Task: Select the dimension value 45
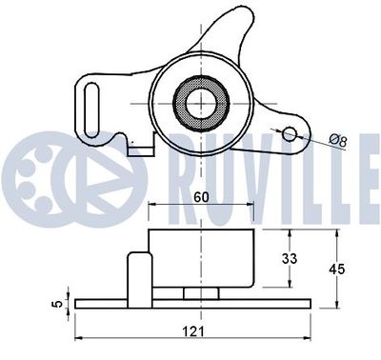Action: pos(336,270)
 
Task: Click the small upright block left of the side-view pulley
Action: pos(139,270)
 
